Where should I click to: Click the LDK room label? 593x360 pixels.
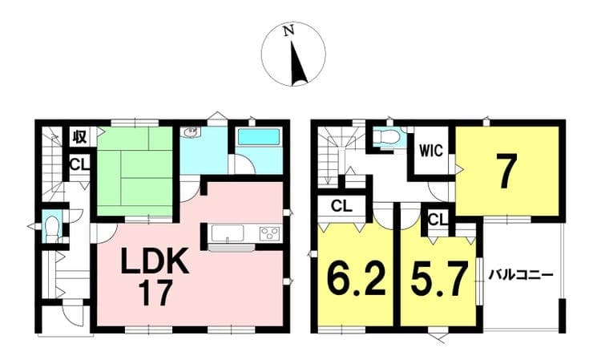pyautogui.click(x=155, y=261)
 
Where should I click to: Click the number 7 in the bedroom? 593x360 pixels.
pyautogui.click(x=506, y=172)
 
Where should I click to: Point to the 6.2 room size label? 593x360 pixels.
pyautogui.click(x=357, y=278)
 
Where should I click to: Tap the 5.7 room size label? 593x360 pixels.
pyautogui.click(x=438, y=278)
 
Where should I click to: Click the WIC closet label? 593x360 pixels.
pyautogui.click(x=431, y=152)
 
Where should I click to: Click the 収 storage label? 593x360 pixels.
pyautogui.click(x=79, y=136)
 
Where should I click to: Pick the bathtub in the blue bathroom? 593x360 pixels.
pyautogui.click(x=259, y=136)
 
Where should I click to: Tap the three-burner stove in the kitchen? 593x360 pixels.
pyautogui.click(x=269, y=233)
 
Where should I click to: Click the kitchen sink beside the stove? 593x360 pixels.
pyautogui.click(x=227, y=233)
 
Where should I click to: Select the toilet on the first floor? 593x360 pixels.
pyautogui.click(x=50, y=229)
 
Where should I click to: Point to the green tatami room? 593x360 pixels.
pyautogui.click(x=135, y=172)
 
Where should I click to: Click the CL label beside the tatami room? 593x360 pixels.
pyautogui.click(x=80, y=164)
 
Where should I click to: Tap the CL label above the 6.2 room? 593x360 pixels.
pyautogui.click(x=341, y=206)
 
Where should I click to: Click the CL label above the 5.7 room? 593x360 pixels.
pyautogui.click(x=438, y=219)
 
